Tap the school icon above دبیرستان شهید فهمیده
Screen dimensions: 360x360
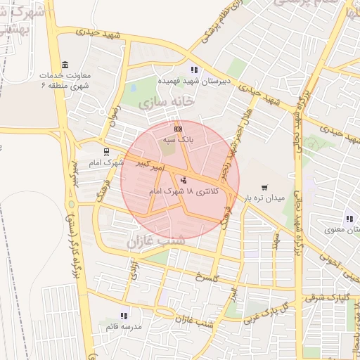[194, 70]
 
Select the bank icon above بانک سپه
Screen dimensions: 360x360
[178, 129]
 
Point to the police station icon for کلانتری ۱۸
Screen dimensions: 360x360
[184, 179]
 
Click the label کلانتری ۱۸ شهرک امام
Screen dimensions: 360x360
[184, 191]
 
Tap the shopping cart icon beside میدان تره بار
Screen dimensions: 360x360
[264, 188]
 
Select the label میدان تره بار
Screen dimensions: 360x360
[264, 199]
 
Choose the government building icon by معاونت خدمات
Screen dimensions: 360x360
[65, 65]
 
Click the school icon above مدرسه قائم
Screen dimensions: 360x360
[124, 316]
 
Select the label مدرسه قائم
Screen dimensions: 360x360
[124, 328]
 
